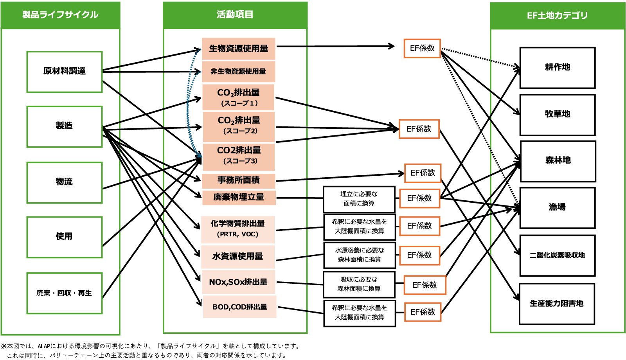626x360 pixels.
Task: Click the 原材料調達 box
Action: [x=65, y=72]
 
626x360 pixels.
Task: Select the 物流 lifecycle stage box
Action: [x=65, y=182]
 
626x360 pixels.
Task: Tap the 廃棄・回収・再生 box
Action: [x=65, y=293]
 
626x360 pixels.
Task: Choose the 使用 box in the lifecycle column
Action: [x=65, y=237]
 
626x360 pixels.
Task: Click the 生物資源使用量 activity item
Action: [x=238, y=49]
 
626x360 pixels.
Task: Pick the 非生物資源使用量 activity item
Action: [x=238, y=72]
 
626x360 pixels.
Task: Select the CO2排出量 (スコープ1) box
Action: [x=238, y=97]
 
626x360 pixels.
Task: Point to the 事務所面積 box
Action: [x=238, y=180]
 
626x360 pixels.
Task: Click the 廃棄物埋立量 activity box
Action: [x=239, y=197]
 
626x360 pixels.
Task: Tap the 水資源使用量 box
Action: [x=237, y=256]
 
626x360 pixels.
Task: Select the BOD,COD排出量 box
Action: [x=239, y=307]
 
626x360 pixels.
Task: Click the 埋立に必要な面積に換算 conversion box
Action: [x=359, y=199]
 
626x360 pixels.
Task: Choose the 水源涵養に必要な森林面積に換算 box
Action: [x=359, y=255]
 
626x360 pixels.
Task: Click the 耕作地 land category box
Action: [x=557, y=68]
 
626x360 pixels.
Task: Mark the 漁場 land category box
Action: [x=557, y=207]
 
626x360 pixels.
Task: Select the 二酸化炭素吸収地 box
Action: [x=557, y=256]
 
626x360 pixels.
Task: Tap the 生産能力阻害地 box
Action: [x=557, y=304]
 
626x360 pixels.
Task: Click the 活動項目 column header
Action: [x=235, y=15]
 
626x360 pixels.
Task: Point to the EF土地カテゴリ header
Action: [x=557, y=16]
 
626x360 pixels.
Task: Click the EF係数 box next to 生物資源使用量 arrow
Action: [x=422, y=49]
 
